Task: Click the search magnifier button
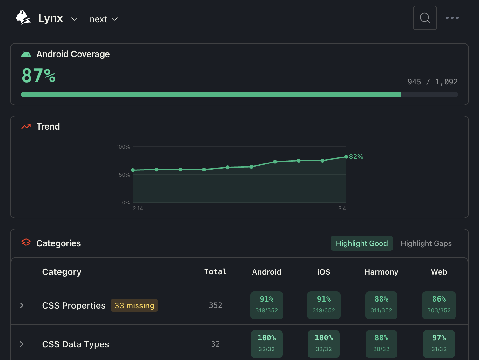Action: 425,18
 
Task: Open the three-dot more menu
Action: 452,18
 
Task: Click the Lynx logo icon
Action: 23,18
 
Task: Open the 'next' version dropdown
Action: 104,19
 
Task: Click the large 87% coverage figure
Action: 38,76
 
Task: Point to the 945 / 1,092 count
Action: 432,82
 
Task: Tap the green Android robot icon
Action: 26,54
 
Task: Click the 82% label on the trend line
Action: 356,157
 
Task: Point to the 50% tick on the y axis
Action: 124,175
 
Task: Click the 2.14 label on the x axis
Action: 138,208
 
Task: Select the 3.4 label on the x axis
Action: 342,208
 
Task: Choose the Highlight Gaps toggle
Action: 426,243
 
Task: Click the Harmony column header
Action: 381,272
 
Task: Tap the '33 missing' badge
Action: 134,305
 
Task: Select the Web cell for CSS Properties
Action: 439,305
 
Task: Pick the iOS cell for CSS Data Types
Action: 324,344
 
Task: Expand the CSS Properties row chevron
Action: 22,305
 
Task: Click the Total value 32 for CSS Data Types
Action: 215,344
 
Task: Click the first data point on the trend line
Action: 133,170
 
